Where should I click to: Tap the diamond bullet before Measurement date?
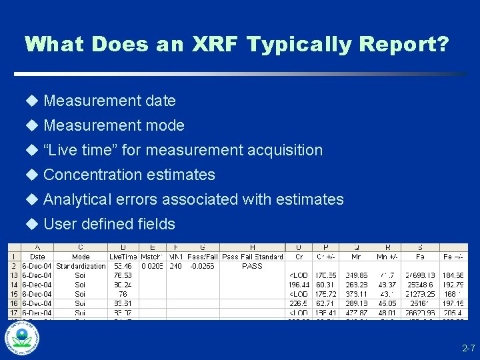[x=32, y=101]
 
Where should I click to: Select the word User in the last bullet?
[x=59, y=224]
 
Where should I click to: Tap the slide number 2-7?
[x=469, y=349]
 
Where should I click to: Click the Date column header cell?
[x=38, y=257]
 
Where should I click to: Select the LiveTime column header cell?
[x=122, y=257]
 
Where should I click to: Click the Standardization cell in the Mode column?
[x=81, y=266]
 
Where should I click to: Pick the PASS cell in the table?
[x=252, y=266]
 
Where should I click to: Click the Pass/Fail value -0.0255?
[x=201, y=266]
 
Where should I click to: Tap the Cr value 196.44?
[x=296, y=285]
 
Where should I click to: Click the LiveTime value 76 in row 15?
[x=123, y=294]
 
